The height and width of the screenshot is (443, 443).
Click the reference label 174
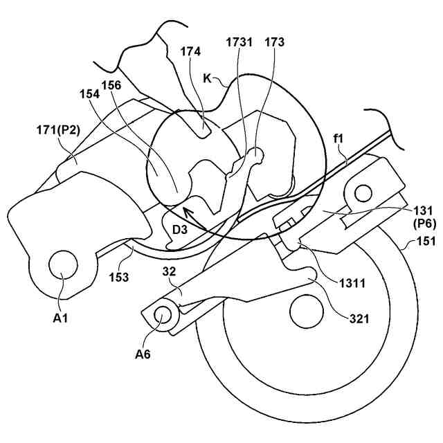[192, 51]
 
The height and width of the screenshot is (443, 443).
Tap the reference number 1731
[239, 42]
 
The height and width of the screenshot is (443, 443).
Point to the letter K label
[207, 78]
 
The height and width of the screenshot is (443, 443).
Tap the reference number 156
[111, 85]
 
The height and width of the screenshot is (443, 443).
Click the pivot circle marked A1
[62, 266]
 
